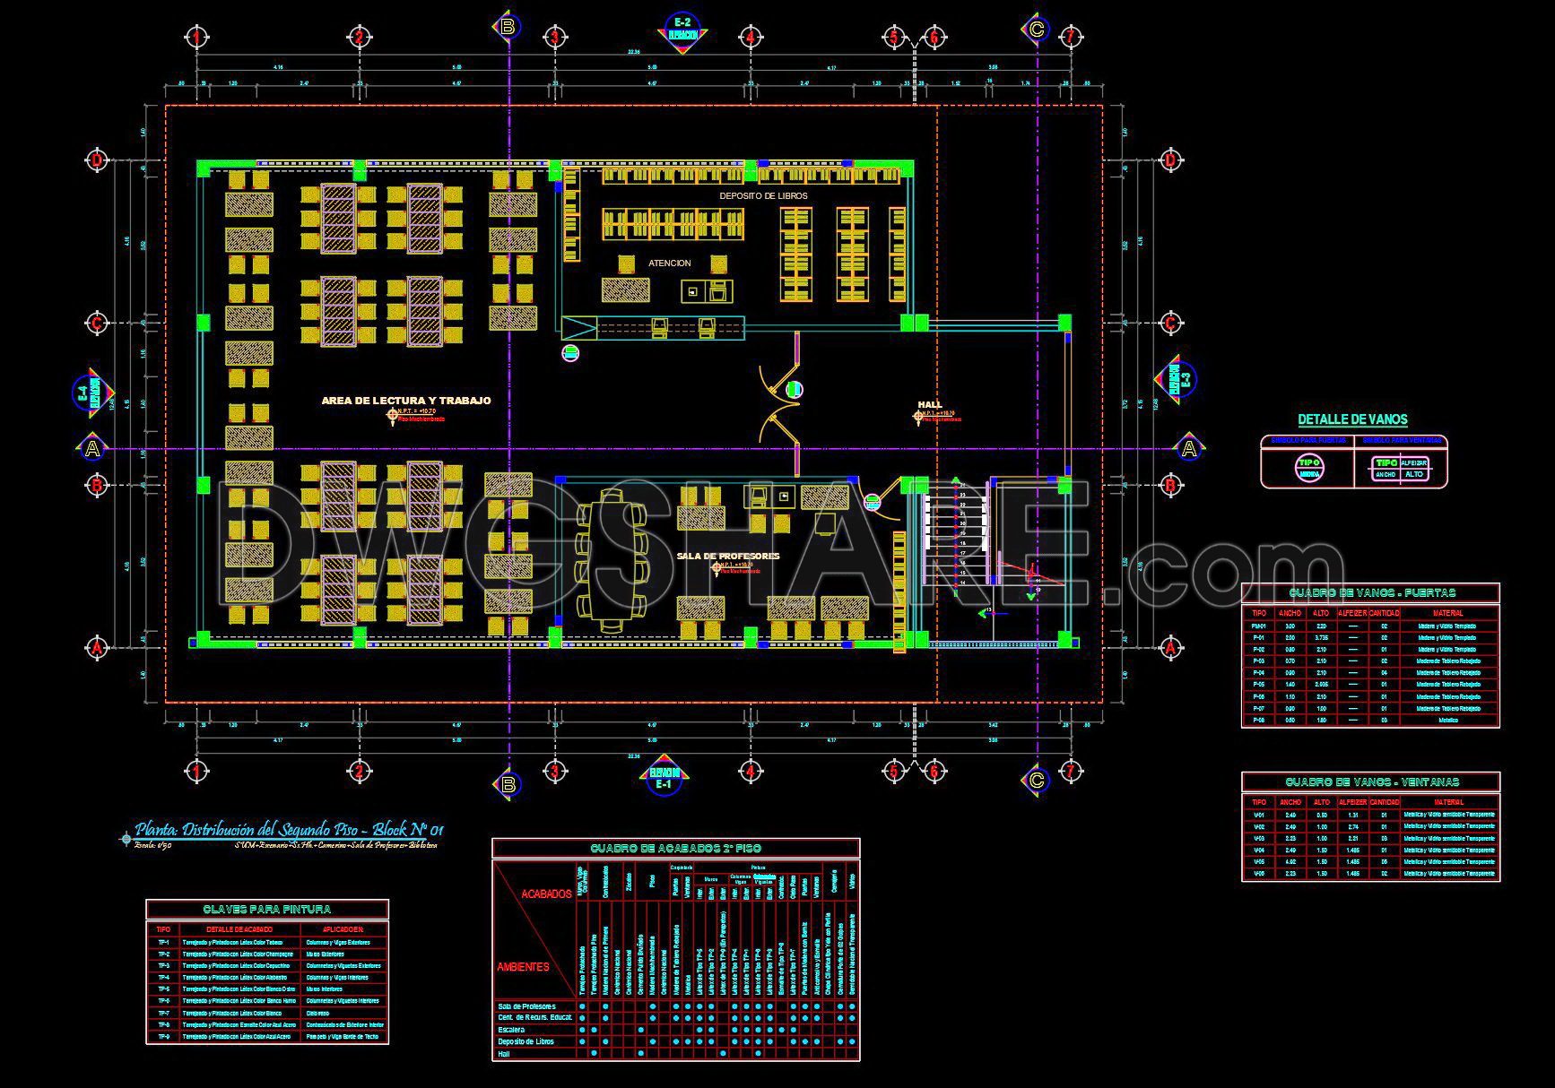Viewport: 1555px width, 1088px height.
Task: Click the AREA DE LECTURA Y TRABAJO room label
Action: click(x=406, y=401)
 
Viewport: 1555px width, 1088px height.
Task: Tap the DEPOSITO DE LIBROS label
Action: click(x=763, y=195)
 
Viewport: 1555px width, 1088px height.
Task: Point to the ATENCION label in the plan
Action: click(x=670, y=263)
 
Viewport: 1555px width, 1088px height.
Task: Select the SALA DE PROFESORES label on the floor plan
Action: click(x=728, y=556)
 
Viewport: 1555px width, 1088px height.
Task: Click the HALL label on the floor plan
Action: click(x=930, y=404)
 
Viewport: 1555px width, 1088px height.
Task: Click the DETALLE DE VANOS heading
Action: click(x=1352, y=419)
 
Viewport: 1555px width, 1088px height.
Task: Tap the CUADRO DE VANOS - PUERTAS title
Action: click(x=1371, y=593)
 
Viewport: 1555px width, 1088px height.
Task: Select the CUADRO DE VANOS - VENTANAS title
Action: click(x=1371, y=782)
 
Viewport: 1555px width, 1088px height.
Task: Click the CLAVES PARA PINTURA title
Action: click(x=267, y=910)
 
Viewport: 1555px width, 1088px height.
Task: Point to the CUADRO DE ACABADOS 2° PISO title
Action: click(x=675, y=848)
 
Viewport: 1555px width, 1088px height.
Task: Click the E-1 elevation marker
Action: click(x=664, y=778)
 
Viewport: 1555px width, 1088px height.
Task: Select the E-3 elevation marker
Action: click(x=1179, y=380)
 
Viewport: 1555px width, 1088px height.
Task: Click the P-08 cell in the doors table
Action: click(x=1259, y=720)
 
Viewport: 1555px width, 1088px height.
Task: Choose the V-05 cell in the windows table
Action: click(x=1259, y=861)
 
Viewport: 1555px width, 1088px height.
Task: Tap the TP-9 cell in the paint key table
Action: click(x=163, y=1036)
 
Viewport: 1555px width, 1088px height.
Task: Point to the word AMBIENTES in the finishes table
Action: click(x=523, y=967)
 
